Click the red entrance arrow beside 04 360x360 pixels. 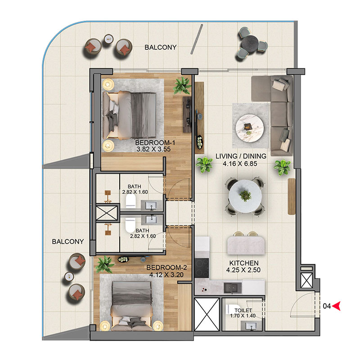(x=337, y=306)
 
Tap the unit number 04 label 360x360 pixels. (x=327, y=306)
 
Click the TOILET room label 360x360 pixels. (x=243, y=310)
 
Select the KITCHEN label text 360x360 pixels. (x=244, y=263)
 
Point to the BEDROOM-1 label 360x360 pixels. (x=155, y=143)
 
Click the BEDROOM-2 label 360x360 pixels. (x=166, y=267)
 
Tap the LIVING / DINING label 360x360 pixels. (x=241, y=156)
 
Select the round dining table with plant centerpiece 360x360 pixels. (x=245, y=196)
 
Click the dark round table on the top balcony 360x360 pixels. (x=250, y=44)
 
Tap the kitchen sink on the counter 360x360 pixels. (x=233, y=288)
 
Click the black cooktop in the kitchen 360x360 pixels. (x=202, y=268)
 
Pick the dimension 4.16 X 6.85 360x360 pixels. (x=240, y=164)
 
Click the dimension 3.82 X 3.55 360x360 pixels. (x=153, y=149)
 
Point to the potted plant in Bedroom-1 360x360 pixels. (x=183, y=85)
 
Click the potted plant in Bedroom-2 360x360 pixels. (x=105, y=265)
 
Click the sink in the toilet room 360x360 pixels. (x=251, y=326)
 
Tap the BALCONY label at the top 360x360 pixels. (x=161, y=47)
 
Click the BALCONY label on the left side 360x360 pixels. (x=68, y=242)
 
